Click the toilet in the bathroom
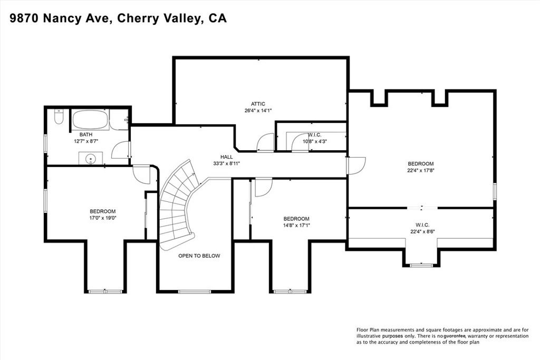(58, 116)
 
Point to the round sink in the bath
(91, 158)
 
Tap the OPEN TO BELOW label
(199, 256)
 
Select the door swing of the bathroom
(121, 150)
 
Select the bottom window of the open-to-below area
(195, 291)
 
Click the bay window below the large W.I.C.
(421, 265)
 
